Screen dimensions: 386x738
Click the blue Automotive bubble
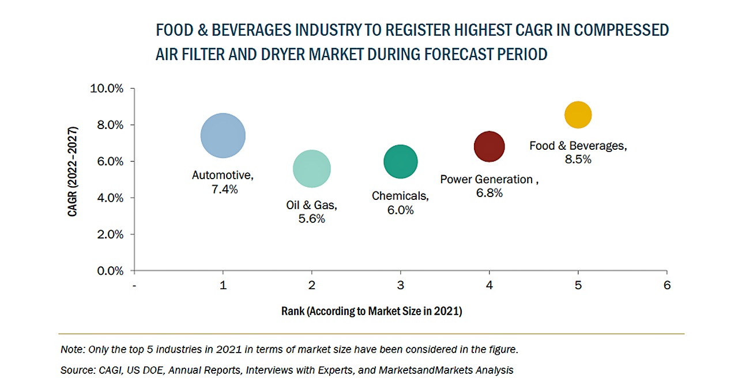[223, 135]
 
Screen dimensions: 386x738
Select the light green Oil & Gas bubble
[312, 169]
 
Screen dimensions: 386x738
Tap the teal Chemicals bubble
[400, 162]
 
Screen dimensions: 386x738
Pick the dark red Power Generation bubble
[489, 146]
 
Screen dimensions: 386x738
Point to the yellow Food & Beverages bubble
[578, 115]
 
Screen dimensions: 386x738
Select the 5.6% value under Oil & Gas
[312, 219]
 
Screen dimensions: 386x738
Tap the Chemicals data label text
[400, 196]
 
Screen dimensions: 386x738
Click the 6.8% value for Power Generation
[489, 194]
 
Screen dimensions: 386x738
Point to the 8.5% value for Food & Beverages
[578, 160]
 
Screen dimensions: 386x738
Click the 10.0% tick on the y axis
[107, 89]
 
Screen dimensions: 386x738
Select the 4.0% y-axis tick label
[109, 198]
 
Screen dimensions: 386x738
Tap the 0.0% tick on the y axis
[109, 271]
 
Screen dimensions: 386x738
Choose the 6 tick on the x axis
[667, 285]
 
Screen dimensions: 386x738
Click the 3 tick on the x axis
[401, 285]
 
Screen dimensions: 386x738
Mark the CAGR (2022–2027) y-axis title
[73, 179]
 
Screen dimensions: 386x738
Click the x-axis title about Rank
[372, 312]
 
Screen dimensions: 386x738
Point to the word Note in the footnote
[70, 350]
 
